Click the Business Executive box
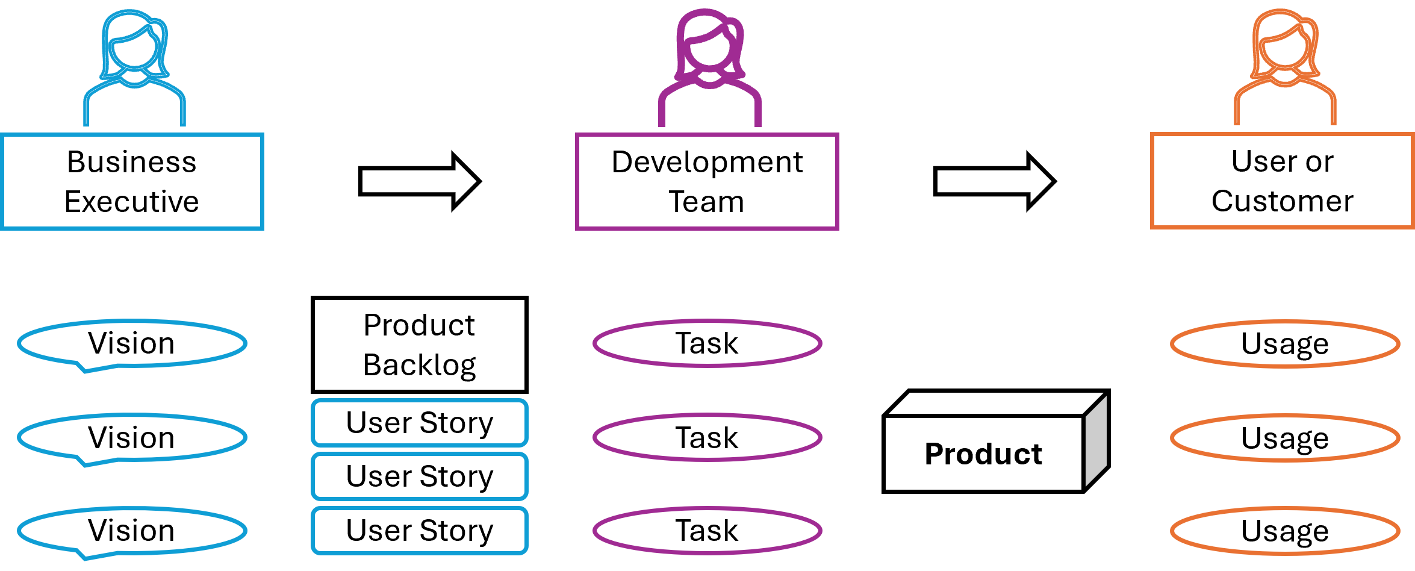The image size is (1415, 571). point(132,181)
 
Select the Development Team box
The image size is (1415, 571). point(707,181)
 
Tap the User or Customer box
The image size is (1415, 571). point(1282,181)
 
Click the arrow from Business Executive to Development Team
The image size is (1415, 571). point(419,181)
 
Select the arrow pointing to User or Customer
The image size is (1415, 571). point(994,181)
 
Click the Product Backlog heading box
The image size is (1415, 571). point(420,345)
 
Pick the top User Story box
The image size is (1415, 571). point(420,422)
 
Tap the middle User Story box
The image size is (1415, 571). point(420,476)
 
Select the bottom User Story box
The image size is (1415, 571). point(420,531)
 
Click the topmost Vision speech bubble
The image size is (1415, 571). point(132,343)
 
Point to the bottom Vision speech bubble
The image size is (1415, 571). point(132,531)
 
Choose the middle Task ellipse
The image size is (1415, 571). point(707,437)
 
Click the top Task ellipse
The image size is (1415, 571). point(707,343)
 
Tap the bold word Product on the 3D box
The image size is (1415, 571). point(983,454)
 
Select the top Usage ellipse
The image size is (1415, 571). point(1284,344)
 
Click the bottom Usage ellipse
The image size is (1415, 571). point(1284,531)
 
